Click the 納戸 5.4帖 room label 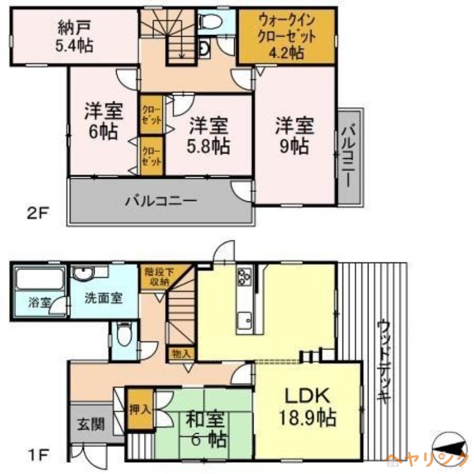click(75, 36)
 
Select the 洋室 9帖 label click(294, 136)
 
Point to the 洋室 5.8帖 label click(209, 136)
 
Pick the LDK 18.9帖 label click(308, 407)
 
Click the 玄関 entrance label click(91, 424)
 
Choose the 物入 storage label click(181, 354)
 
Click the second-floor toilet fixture click(210, 22)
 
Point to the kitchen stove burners click(244, 277)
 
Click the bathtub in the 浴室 click(39, 278)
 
